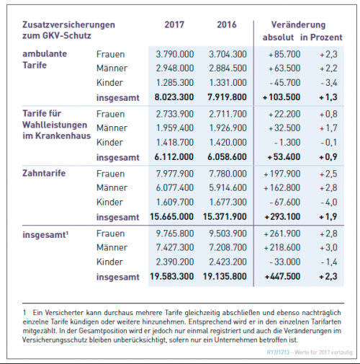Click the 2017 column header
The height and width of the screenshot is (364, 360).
tap(174, 25)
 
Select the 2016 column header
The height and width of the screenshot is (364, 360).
tap(227, 25)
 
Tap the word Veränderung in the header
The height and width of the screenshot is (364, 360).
tap(298, 25)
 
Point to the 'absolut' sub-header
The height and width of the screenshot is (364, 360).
tap(278, 37)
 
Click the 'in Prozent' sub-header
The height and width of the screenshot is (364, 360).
tap(321, 37)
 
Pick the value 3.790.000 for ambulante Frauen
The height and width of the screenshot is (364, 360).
tap(175, 54)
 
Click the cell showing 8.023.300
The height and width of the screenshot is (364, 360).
tap(174, 97)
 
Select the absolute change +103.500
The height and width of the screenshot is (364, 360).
tap(282, 97)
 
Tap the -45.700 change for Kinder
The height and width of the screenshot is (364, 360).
tap(285, 83)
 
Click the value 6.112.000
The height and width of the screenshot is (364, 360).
tap(174, 157)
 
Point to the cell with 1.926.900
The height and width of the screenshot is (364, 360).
tap(228, 128)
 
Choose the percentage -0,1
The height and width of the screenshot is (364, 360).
tap(329, 143)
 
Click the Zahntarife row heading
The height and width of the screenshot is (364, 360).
tap(44, 173)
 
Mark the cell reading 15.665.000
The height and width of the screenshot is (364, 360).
tap(172, 217)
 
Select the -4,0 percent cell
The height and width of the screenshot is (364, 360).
tap(329, 203)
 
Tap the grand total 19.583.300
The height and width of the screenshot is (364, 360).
tap(172, 276)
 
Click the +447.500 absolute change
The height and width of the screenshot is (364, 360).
tap(282, 276)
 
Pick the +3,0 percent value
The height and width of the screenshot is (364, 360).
tap(328, 247)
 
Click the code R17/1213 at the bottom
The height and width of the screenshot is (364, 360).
tap(278, 352)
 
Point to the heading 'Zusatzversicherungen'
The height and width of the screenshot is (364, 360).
tap(68, 25)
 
